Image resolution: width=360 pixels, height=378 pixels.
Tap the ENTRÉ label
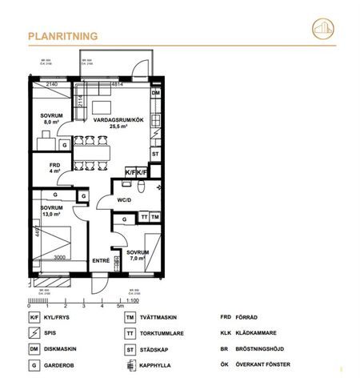tap(101, 260)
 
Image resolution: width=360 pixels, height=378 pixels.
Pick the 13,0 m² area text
tap(52, 215)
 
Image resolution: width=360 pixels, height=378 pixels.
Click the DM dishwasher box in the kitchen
tap(156, 94)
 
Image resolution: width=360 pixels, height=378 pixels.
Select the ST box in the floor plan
tap(156, 153)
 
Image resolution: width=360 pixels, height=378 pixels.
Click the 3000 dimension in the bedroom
tap(60, 258)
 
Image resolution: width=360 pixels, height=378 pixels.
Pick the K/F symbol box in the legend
tap(34, 318)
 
